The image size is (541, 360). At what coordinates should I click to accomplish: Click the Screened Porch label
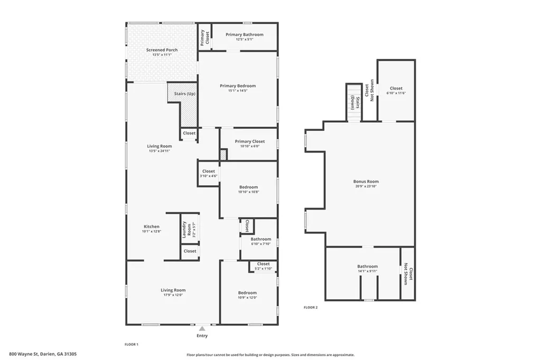(162, 50)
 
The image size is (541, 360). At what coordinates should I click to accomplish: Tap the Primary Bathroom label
(244, 35)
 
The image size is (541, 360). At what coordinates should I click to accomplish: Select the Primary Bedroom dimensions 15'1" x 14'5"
(238, 91)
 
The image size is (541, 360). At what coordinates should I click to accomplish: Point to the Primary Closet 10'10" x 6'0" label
(250, 141)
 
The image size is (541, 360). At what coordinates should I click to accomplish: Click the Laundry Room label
(184, 229)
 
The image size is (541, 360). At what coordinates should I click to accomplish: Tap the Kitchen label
(152, 226)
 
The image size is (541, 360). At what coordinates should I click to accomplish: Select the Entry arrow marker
(202, 328)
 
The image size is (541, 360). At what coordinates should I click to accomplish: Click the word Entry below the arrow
(202, 336)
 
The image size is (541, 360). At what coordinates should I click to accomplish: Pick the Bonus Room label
(366, 182)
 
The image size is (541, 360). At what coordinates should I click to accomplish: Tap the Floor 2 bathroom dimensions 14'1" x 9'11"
(367, 272)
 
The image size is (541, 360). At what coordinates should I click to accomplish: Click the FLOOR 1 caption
(131, 344)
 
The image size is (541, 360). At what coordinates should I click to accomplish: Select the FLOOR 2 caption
(310, 307)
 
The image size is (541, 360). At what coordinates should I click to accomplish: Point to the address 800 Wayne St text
(43, 354)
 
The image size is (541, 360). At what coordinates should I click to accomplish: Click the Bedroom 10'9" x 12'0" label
(247, 293)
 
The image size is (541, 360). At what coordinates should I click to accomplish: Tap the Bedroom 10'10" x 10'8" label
(248, 187)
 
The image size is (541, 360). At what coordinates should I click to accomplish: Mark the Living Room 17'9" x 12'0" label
(173, 290)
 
